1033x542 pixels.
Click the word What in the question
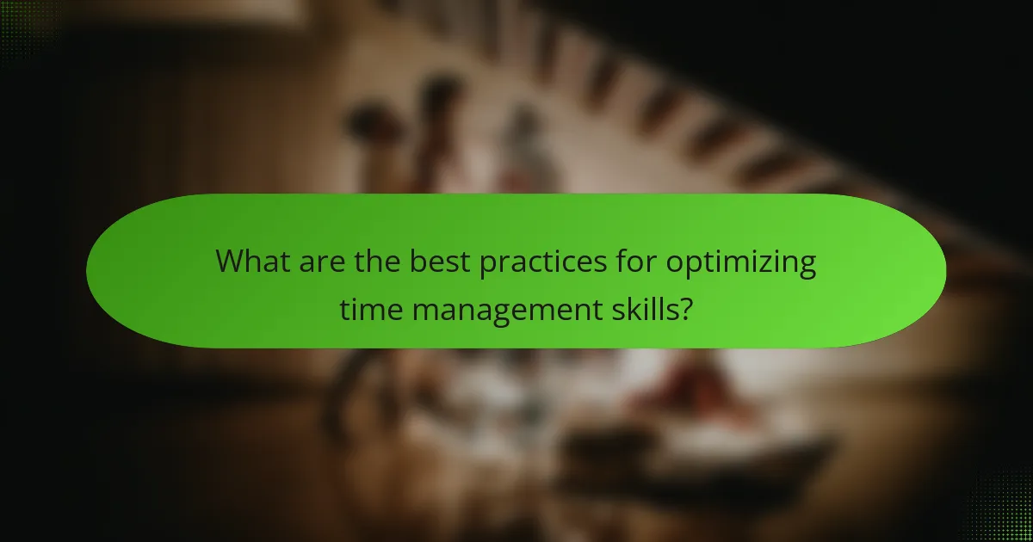coord(253,261)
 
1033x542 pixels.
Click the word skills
coord(640,307)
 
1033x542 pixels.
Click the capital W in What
coord(231,261)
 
